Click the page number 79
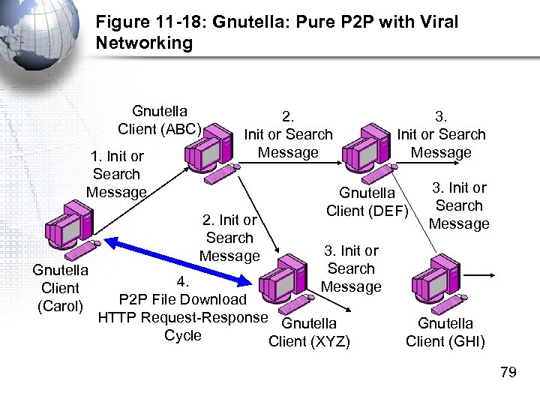[508, 372]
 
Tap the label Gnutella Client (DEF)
[367, 202]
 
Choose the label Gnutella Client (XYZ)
[309, 333]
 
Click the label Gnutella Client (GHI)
[445, 333]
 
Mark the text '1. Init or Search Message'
[116, 174]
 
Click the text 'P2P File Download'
[183, 300]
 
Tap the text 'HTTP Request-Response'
[183, 317]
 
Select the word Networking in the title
[144, 43]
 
